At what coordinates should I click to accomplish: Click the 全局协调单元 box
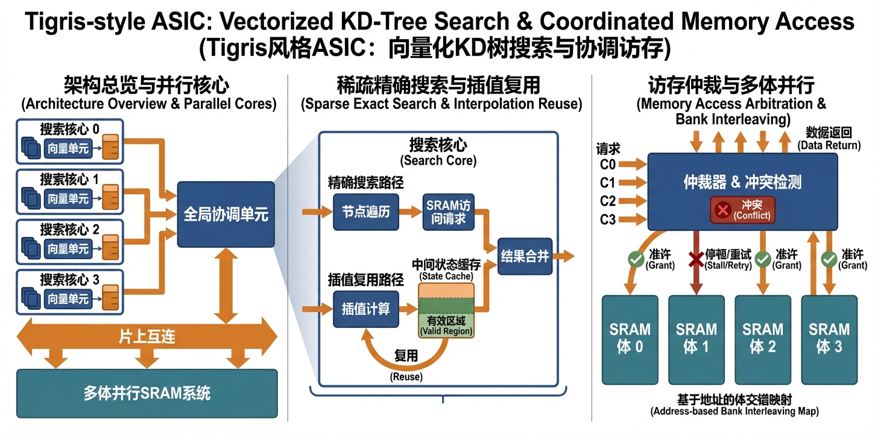226,215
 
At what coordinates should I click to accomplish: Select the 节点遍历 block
365,212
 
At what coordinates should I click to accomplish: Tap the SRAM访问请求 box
448,212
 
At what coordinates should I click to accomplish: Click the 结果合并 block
524,256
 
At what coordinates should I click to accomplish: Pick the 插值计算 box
365,309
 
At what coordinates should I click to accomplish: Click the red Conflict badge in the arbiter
742,210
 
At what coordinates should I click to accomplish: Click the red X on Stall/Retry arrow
696,259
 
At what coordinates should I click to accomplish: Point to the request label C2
608,201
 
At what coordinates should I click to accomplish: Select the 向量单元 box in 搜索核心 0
68,148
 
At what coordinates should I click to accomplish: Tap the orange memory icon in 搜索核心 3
110,298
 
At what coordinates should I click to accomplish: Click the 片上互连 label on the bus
147,336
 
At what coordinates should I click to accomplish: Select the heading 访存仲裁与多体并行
731,84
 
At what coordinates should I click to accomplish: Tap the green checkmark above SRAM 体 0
635,259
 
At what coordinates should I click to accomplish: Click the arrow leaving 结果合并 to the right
564,256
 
